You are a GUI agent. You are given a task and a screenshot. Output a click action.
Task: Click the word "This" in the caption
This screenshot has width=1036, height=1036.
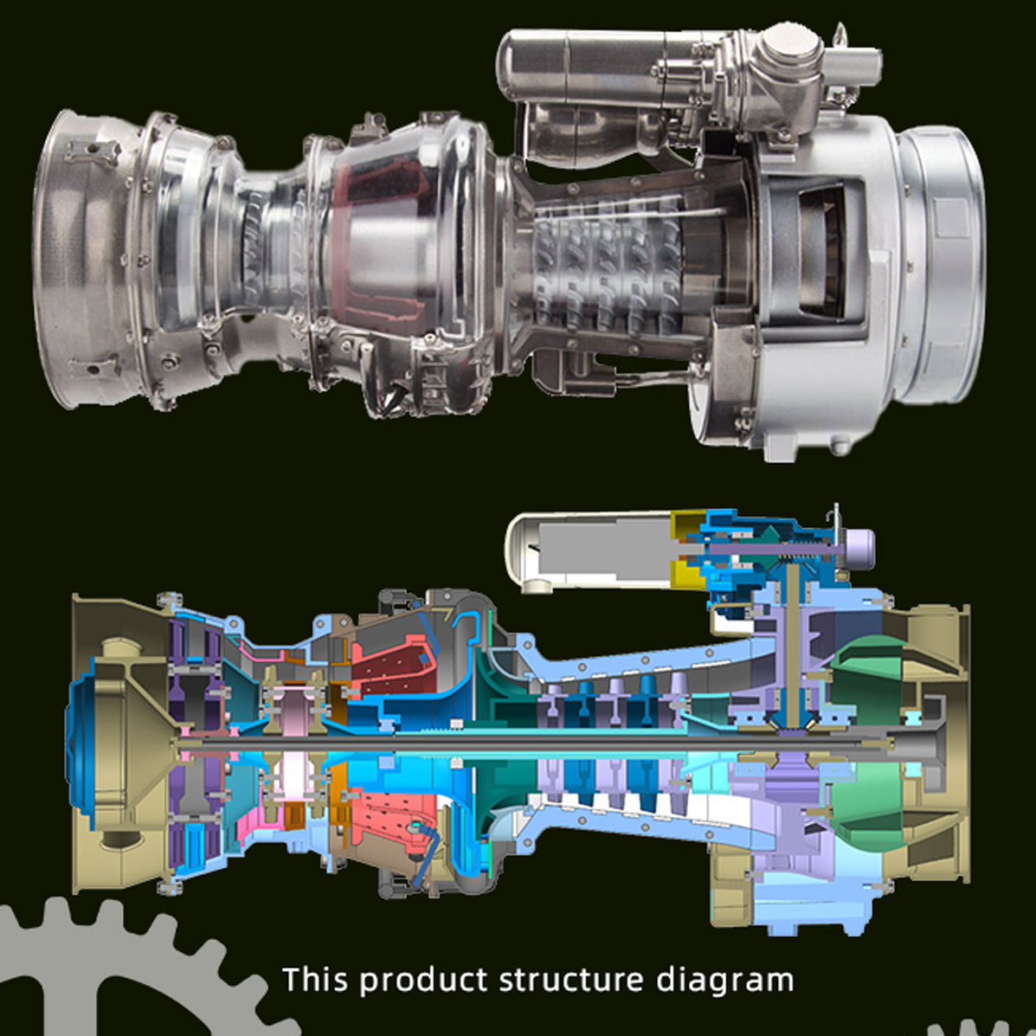click(315, 980)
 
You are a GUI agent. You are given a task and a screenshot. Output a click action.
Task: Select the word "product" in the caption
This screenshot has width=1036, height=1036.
click(423, 981)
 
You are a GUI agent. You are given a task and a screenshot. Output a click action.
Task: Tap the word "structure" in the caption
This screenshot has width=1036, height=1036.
click(571, 980)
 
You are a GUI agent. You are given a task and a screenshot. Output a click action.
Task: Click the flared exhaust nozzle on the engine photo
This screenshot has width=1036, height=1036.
click(87, 260)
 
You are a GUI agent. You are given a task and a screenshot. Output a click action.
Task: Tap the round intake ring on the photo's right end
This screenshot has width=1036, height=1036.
click(939, 260)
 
